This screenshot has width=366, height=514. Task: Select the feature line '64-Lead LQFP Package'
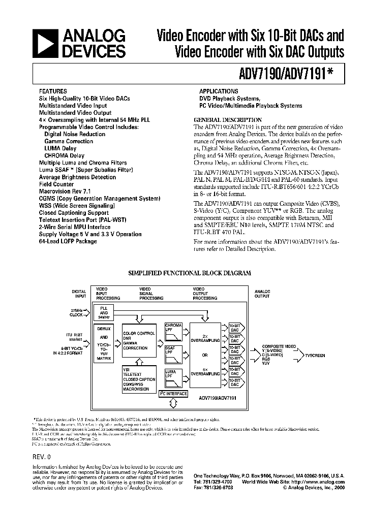coord(68,241)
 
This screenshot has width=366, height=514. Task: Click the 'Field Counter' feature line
coord(56,184)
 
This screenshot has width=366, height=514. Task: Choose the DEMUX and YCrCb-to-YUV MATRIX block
coord(104,344)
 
